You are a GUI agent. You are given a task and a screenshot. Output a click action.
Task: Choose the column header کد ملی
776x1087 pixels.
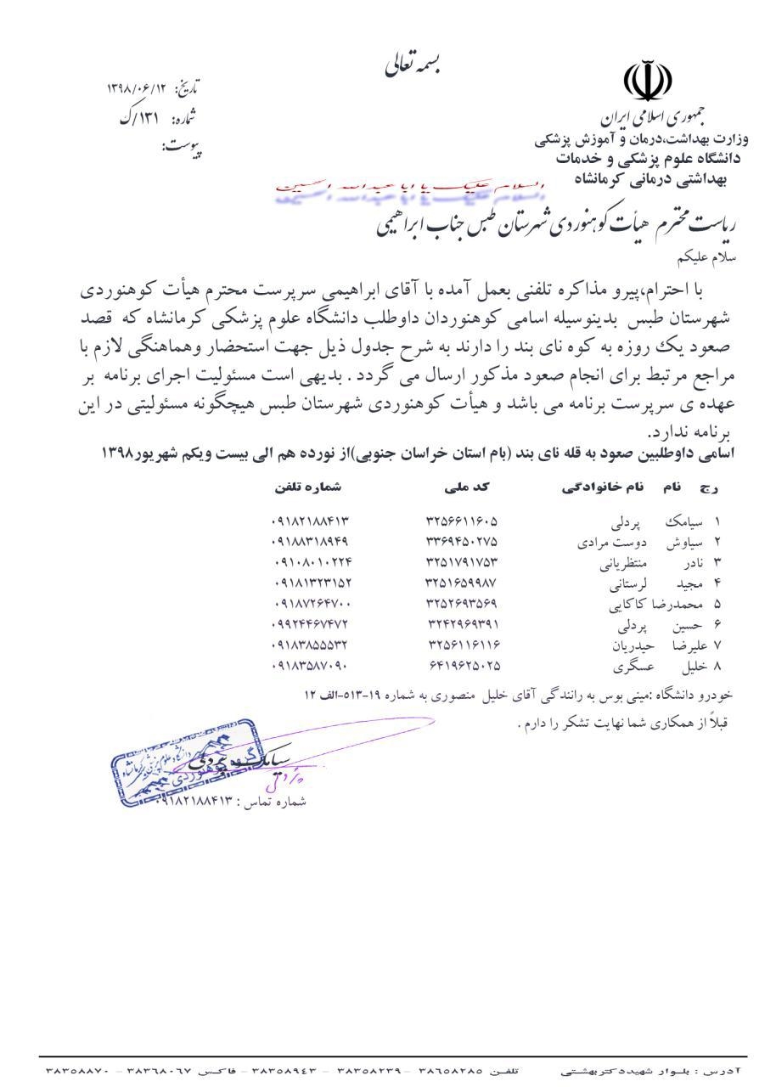[x=463, y=488]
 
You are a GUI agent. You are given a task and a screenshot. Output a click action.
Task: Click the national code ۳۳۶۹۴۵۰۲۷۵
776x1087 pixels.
[x=462, y=541]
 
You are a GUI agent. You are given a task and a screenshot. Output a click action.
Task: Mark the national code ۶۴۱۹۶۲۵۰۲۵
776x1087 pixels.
[x=464, y=667]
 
